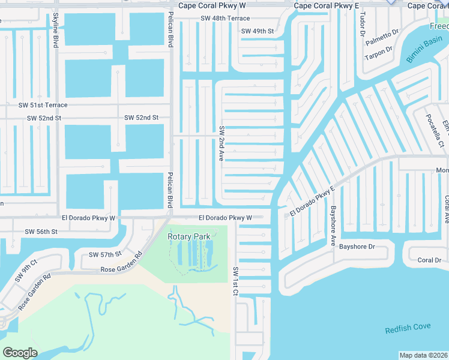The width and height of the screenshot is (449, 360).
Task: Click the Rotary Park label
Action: (189, 236)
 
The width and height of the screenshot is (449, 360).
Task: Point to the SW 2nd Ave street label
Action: (221, 143)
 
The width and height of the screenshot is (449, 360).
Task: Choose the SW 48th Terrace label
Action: (225, 19)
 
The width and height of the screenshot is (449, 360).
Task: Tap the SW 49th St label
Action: (257, 31)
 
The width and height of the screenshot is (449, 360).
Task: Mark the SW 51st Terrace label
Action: (43, 105)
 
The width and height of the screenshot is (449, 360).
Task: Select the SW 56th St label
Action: (41, 232)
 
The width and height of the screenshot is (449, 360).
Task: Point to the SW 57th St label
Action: (105, 254)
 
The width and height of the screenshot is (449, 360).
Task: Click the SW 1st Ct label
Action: (236, 281)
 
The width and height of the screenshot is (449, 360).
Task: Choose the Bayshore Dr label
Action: (357, 247)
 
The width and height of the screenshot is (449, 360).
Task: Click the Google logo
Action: (20, 352)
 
